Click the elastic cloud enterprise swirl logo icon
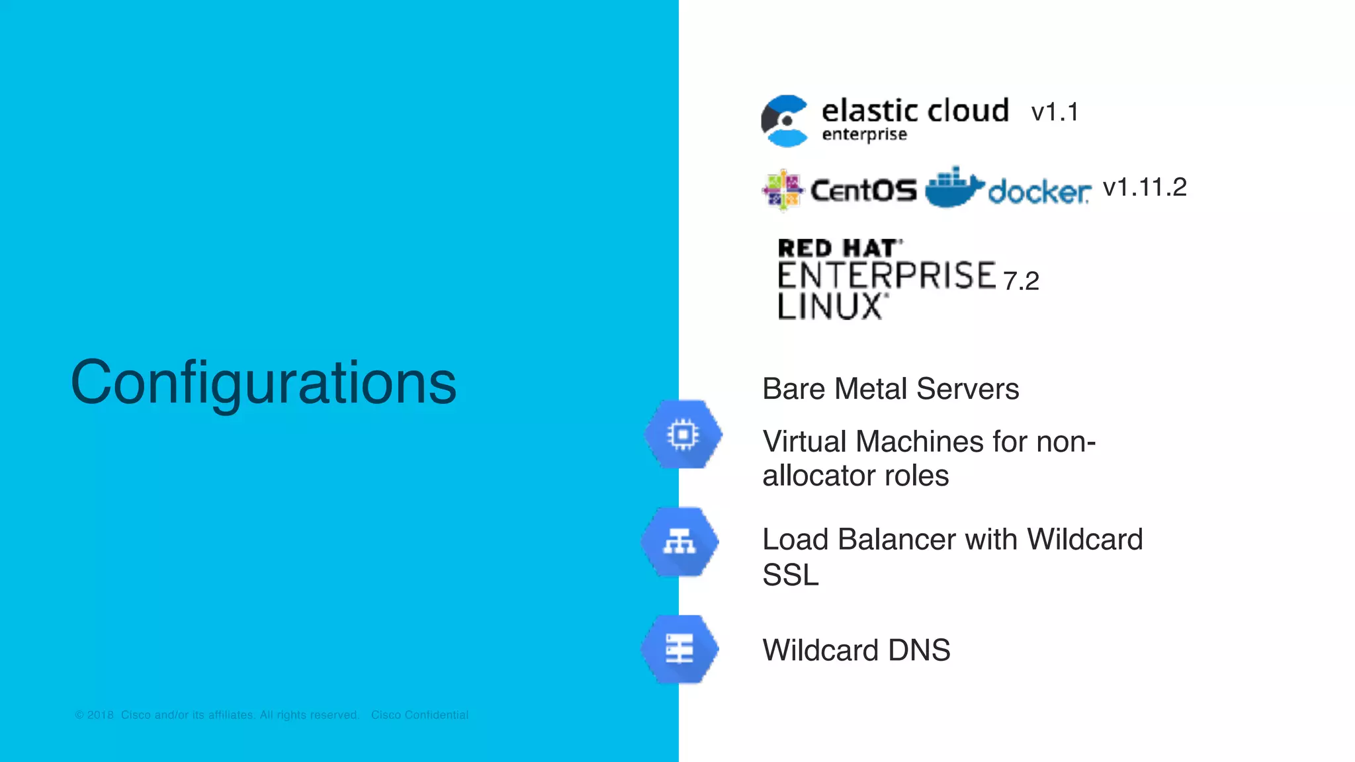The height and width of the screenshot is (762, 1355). click(x=785, y=121)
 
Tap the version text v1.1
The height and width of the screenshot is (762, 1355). click(x=1055, y=112)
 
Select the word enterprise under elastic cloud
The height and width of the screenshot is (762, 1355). click(x=864, y=135)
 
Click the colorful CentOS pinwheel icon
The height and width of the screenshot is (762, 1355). click(x=782, y=190)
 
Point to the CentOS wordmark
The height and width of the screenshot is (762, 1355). click(x=863, y=191)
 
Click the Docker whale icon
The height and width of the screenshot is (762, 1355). click(x=953, y=188)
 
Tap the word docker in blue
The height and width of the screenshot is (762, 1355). click(x=1039, y=192)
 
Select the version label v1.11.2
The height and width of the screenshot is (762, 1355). click(x=1145, y=187)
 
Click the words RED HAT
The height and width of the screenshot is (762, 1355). click(x=839, y=249)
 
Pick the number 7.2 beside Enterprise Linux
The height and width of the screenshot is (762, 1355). click(x=1021, y=281)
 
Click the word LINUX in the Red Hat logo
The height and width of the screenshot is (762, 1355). click(x=830, y=307)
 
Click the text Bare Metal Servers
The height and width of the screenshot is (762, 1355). click(x=891, y=389)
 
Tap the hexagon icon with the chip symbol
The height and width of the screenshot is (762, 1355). click(x=683, y=435)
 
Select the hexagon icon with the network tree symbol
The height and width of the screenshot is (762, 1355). click(x=680, y=542)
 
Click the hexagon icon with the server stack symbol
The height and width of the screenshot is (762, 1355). click(x=680, y=649)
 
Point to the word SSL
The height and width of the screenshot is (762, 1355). click(x=790, y=575)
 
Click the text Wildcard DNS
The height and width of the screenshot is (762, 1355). click(x=856, y=650)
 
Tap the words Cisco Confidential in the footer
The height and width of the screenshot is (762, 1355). click(x=419, y=715)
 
